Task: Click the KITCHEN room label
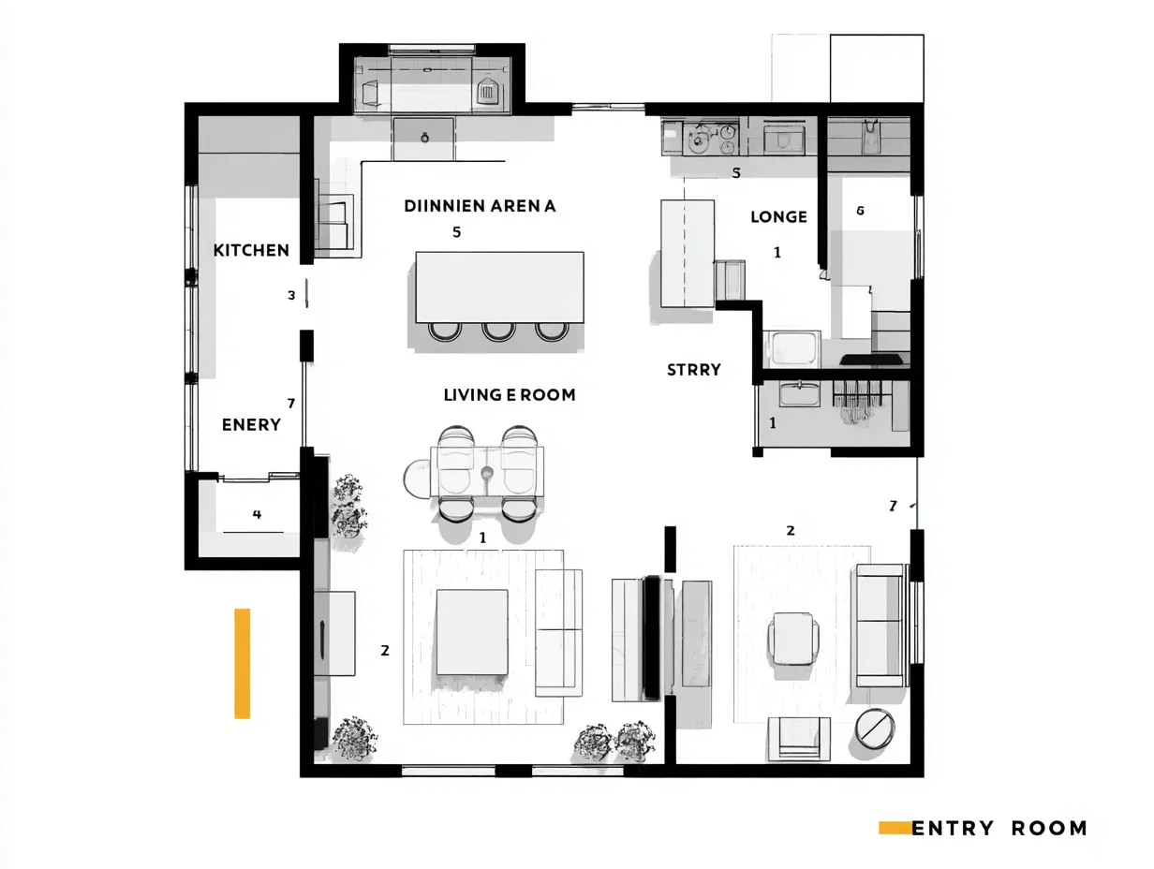(251, 250)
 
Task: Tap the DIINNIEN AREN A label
(480, 206)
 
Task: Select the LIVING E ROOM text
(510, 395)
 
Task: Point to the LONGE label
(778, 217)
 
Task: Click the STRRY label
(694, 370)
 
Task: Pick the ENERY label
(251, 424)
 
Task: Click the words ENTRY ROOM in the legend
(999, 828)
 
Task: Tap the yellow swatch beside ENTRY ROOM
(895, 827)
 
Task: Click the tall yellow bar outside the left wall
(242, 663)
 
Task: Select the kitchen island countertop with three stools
(499, 286)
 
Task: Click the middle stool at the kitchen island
(498, 331)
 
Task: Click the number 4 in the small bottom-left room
(257, 514)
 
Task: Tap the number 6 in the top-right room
(860, 211)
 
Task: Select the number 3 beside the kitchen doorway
(291, 295)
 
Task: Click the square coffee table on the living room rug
(472, 631)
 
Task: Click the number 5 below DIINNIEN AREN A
(456, 232)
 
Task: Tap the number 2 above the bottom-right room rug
(790, 530)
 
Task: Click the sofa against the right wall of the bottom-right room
(879, 625)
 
